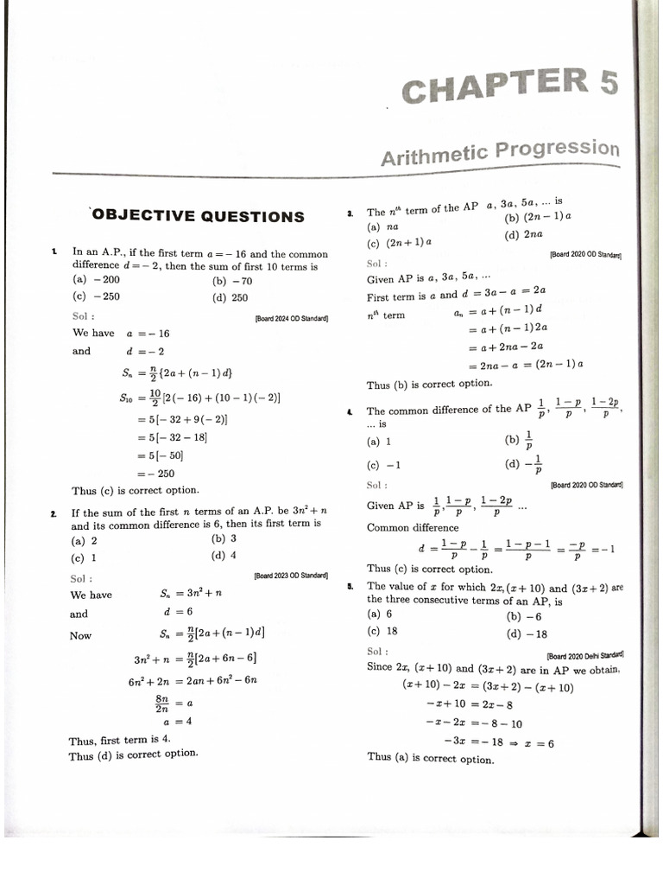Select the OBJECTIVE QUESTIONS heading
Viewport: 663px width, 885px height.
click(198, 216)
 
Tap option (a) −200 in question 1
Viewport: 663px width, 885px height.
click(97, 280)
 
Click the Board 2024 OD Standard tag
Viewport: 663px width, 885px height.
click(292, 318)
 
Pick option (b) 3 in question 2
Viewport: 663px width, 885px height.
click(224, 538)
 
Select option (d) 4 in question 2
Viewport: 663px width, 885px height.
click(224, 556)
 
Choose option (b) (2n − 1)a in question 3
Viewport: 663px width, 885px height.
click(538, 217)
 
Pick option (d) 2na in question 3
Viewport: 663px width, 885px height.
click(524, 234)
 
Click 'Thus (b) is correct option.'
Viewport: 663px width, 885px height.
click(429, 385)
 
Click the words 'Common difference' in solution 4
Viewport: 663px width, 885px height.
click(413, 527)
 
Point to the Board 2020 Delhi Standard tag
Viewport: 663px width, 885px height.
click(585, 655)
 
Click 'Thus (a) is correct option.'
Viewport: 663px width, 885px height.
click(431, 758)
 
